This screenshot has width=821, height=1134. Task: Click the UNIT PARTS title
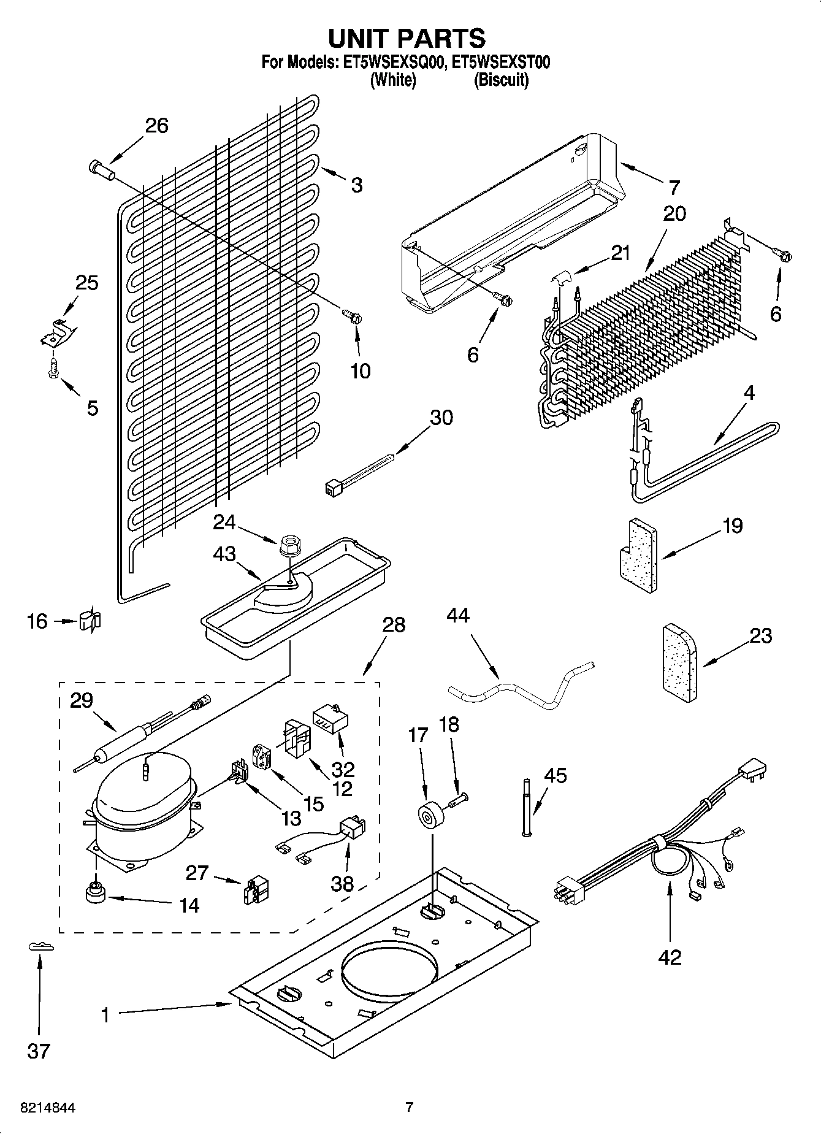click(407, 38)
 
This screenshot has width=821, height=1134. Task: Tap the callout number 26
click(156, 126)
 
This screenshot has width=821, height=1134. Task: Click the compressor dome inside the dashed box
click(142, 788)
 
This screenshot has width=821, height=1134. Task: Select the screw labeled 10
click(352, 316)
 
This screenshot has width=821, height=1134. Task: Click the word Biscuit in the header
click(501, 80)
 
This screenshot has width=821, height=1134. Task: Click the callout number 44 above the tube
click(457, 615)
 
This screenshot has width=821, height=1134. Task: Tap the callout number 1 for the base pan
click(105, 1016)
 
